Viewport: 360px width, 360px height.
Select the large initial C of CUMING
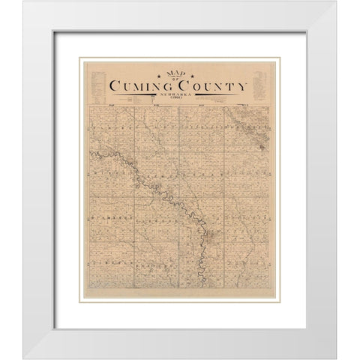pyautogui.click(x=115, y=87)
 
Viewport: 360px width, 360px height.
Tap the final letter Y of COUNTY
pyautogui.click(x=242, y=87)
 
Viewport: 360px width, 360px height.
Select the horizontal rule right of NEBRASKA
pyautogui.click(x=217, y=95)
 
